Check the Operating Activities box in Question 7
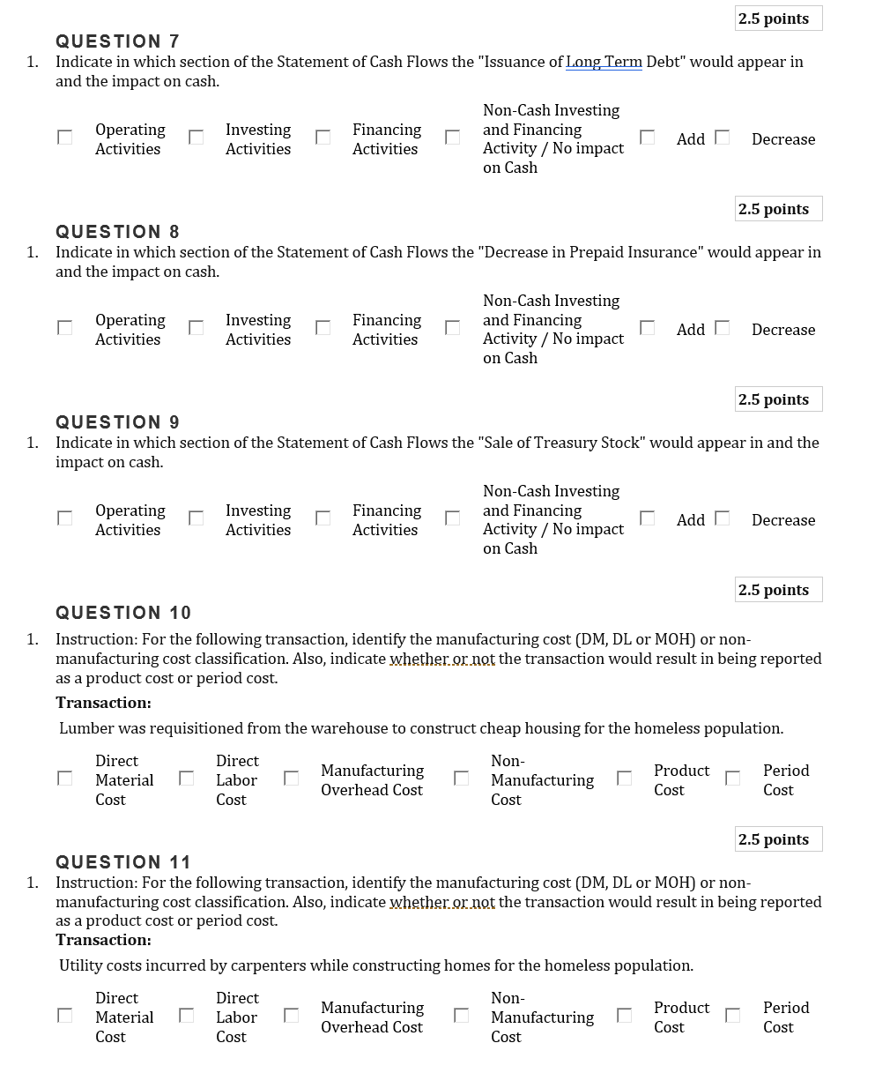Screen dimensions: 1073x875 pos(64,137)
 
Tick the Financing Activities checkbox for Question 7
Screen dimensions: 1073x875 pos(323,137)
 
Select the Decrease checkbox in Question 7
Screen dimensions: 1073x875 pos(723,137)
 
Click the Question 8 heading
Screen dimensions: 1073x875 pos(117,232)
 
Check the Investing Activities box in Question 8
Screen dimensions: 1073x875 pos(197,327)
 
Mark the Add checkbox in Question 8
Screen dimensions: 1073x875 pos(648,327)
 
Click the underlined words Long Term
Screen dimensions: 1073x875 pos(604,62)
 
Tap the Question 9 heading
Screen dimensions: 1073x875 pos(117,422)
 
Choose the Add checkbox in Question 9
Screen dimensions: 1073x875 pos(648,518)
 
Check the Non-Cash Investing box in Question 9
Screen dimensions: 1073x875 pos(452,518)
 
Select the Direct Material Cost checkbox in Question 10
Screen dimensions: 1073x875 pos(64,778)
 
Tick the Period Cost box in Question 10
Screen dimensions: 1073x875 pos(732,778)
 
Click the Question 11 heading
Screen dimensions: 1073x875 pos(122,862)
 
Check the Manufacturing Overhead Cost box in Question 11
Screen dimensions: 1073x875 pos(292,1015)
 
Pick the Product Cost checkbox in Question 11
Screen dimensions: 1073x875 pos(624,1015)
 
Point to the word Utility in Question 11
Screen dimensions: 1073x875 pos(81,965)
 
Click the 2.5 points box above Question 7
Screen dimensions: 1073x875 pos(778,19)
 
